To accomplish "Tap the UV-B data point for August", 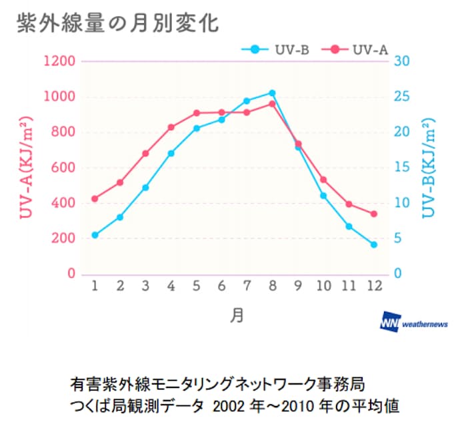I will coord(272,93).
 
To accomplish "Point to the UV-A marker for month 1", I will coord(95,198).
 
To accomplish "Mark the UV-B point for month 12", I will coord(374,245).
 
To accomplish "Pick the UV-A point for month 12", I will coord(374,214).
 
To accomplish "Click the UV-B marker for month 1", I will coord(95,235).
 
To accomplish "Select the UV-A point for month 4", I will coord(171,127).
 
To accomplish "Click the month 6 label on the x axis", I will coord(221,286).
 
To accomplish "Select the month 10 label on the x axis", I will coord(323,286).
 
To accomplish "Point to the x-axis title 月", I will coord(236,314).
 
